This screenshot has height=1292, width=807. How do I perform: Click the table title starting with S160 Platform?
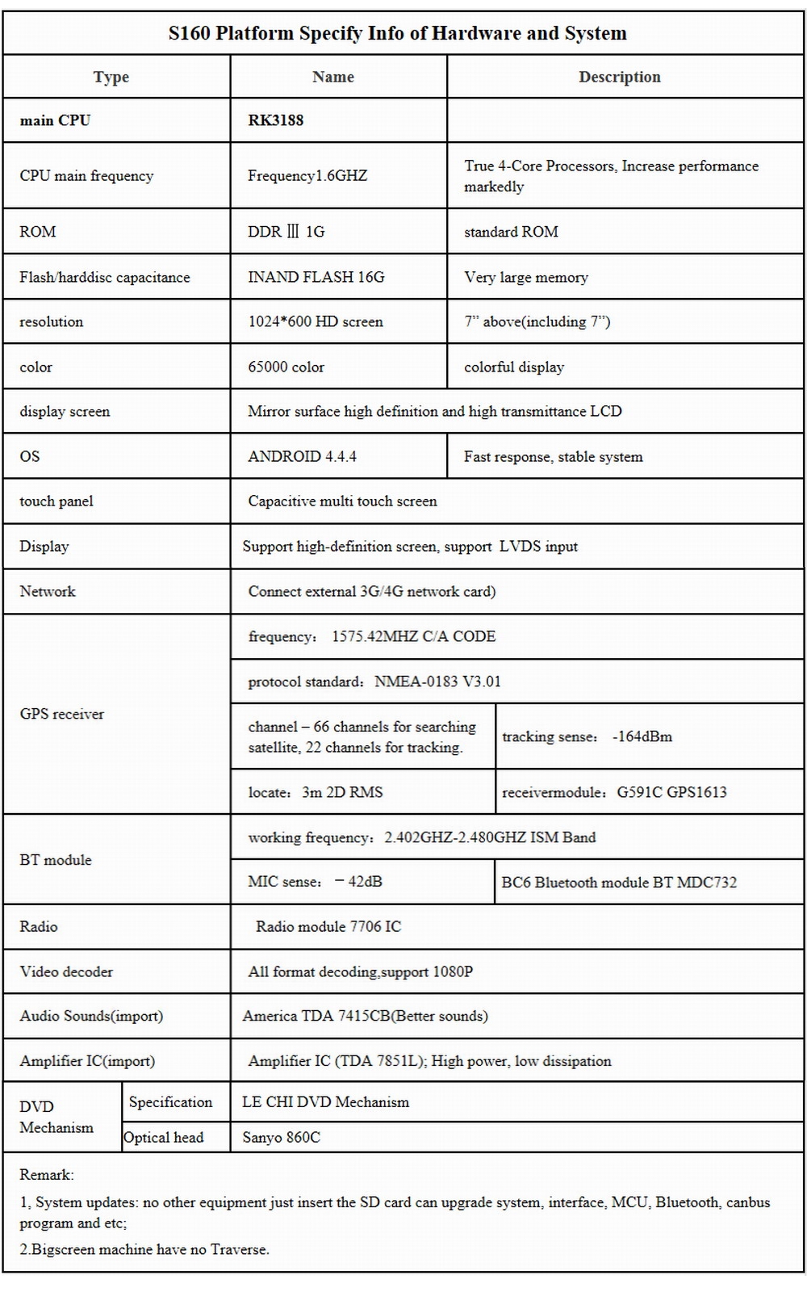click(397, 33)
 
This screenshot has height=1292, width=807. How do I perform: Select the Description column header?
click(619, 77)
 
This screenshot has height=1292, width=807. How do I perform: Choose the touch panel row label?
click(56, 501)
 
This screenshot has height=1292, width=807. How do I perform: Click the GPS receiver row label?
click(62, 714)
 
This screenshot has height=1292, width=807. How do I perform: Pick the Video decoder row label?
click(66, 971)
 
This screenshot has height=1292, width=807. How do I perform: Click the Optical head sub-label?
click(164, 1137)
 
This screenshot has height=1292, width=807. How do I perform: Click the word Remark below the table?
click(47, 1174)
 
